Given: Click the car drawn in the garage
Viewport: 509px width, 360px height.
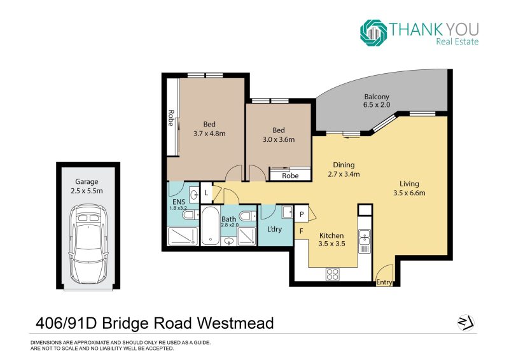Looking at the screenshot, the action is (88, 244).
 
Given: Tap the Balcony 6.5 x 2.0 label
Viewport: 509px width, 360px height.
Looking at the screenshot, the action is (377, 100).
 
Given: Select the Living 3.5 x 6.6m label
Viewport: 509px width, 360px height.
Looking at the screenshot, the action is (409, 188).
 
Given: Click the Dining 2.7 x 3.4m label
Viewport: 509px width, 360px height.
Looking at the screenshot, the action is (344, 169).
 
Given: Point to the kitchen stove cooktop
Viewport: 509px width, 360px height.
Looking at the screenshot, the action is (332, 274).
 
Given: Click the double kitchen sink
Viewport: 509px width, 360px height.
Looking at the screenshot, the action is (365, 241).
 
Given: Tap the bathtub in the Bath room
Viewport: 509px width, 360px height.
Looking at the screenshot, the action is (210, 226).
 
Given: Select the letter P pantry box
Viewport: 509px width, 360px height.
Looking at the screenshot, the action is (302, 214).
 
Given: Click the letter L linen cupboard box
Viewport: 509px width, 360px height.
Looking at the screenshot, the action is (206, 193).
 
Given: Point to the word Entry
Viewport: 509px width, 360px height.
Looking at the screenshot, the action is (384, 282).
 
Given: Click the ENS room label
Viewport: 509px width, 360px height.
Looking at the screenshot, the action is (179, 202).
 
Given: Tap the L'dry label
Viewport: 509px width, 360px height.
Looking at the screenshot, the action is (274, 229).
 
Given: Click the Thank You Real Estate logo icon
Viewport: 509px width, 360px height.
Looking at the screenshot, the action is (373, 32).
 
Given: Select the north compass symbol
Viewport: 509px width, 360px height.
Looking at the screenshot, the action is (466, 323).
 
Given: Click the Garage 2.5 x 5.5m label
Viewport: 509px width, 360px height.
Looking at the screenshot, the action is (87, 186).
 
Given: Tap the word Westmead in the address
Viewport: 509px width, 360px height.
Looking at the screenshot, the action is (235, 323).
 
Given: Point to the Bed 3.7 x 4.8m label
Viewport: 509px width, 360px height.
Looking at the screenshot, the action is (209, 129).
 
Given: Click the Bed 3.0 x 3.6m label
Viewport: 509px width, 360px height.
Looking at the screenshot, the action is (279, 135).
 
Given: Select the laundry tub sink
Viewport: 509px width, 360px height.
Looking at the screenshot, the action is (288, 212).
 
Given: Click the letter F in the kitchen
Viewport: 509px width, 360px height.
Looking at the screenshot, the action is (301, 231).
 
